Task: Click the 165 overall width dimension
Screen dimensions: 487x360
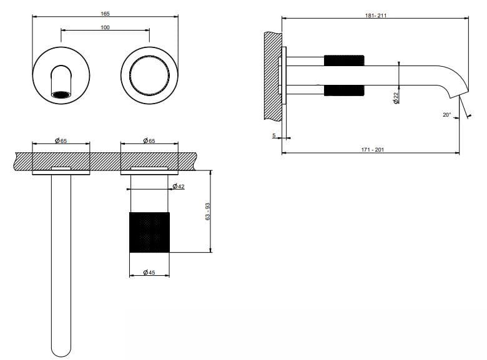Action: point(106,14)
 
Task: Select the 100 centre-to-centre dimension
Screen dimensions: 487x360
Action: point(106,27)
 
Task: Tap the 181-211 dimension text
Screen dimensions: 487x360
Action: point(375,16)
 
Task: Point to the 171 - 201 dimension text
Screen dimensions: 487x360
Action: point(372,150)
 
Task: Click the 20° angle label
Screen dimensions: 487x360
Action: point(446,115)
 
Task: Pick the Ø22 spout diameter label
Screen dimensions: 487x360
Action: point(396,98)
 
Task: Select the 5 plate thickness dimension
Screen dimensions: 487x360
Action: point(273,135)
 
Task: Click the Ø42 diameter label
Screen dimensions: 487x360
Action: point(179,186)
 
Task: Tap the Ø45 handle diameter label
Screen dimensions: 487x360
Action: point(149,272)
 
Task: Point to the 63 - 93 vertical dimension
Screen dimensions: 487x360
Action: point(208,212)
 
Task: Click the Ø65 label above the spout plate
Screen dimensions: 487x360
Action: point(61,140)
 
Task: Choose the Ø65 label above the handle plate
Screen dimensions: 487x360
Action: point(149,140)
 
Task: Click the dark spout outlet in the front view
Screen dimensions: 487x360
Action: point(61,94)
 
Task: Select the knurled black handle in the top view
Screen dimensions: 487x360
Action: point(149,232)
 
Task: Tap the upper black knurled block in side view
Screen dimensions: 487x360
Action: point(344,61)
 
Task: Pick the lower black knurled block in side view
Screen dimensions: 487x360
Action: point(344,90)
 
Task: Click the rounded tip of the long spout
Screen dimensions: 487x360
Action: point(61,353)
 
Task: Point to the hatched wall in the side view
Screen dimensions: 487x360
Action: point(273,75)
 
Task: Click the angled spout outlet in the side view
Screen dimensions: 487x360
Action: point(458,95)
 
